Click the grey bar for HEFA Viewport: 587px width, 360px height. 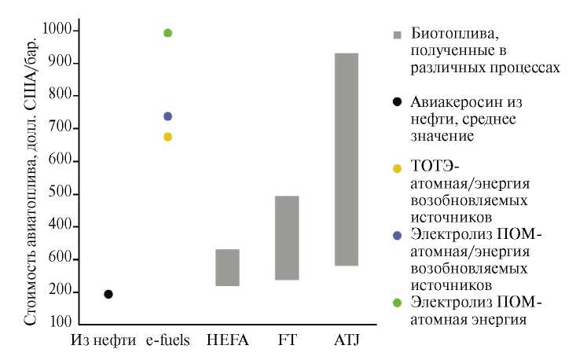[x=228, y=267]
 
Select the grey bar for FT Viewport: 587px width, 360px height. [x=287, y=237]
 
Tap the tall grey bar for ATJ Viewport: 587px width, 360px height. [x=346, y=160]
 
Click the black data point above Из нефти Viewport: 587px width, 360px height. [x=108, y=294]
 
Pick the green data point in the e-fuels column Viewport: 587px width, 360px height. [x=167, y=33]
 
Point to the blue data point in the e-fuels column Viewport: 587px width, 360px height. [x=167, y=116]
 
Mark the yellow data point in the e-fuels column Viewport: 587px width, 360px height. [x=167, y=137]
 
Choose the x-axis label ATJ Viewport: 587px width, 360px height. [x=346, y=343]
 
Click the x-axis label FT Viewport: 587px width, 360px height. [x=286, y=343]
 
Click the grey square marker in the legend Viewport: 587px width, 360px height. [x=398, y=35]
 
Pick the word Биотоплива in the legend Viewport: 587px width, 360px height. [x=444, y=35]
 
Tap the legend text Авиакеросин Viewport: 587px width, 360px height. [x=459, y=103]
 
